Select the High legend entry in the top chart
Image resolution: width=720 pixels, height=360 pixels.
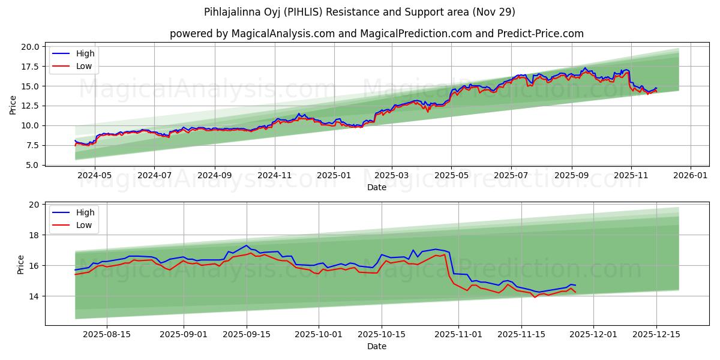click(85, 53)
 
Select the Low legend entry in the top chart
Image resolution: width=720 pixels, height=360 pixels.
click(84, 66)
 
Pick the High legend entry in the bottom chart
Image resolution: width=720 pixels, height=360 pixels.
click(85, 212)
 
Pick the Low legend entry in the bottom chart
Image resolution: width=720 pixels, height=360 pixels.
click(84, 225)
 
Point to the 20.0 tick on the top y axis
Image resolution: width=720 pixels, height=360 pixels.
click(31, 47)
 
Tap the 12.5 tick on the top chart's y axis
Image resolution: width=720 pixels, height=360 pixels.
click(31, 106)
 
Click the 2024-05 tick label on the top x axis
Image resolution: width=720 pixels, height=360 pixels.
click(95, 176)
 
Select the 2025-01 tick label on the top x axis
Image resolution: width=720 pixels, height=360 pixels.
click(334, 176)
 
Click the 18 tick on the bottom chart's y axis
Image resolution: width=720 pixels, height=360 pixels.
click(34, 235)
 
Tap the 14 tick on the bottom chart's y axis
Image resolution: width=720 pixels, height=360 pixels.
click(34, 296)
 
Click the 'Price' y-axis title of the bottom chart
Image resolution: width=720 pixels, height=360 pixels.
click(20, 265)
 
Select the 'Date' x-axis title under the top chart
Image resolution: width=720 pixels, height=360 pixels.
click(376, 188)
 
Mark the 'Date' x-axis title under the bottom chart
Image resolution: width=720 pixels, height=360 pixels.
click(376, 347)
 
